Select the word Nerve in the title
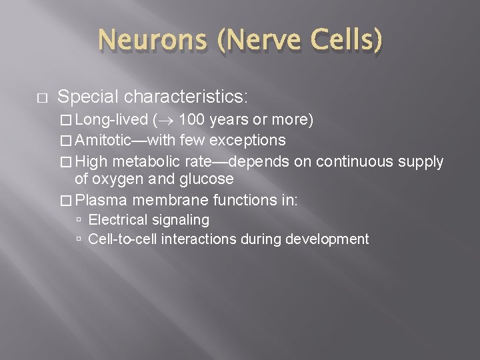(261, 42)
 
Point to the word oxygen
(119, 179)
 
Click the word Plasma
(105, 199)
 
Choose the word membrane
(167, 199)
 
